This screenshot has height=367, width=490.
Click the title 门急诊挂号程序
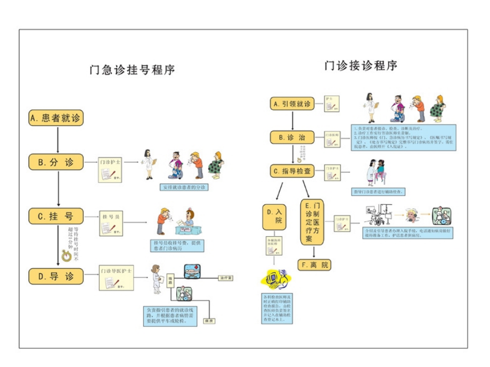(x=132, y=70)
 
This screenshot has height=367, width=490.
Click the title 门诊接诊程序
(x=361, y=66)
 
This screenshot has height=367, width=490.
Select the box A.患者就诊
(x=56, y=118)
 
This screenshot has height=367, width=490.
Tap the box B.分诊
(x=56, y=162)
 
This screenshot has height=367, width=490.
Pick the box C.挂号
(x=56, y=216)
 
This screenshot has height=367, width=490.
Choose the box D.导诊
(x=56, y=276)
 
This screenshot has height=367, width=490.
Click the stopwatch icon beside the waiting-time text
(x=67, y=256)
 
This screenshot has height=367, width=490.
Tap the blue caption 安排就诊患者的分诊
(x=185, y=187)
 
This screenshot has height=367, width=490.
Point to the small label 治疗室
(x=226, y=278)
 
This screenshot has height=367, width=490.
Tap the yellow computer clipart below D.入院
(x=276, y=279)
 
